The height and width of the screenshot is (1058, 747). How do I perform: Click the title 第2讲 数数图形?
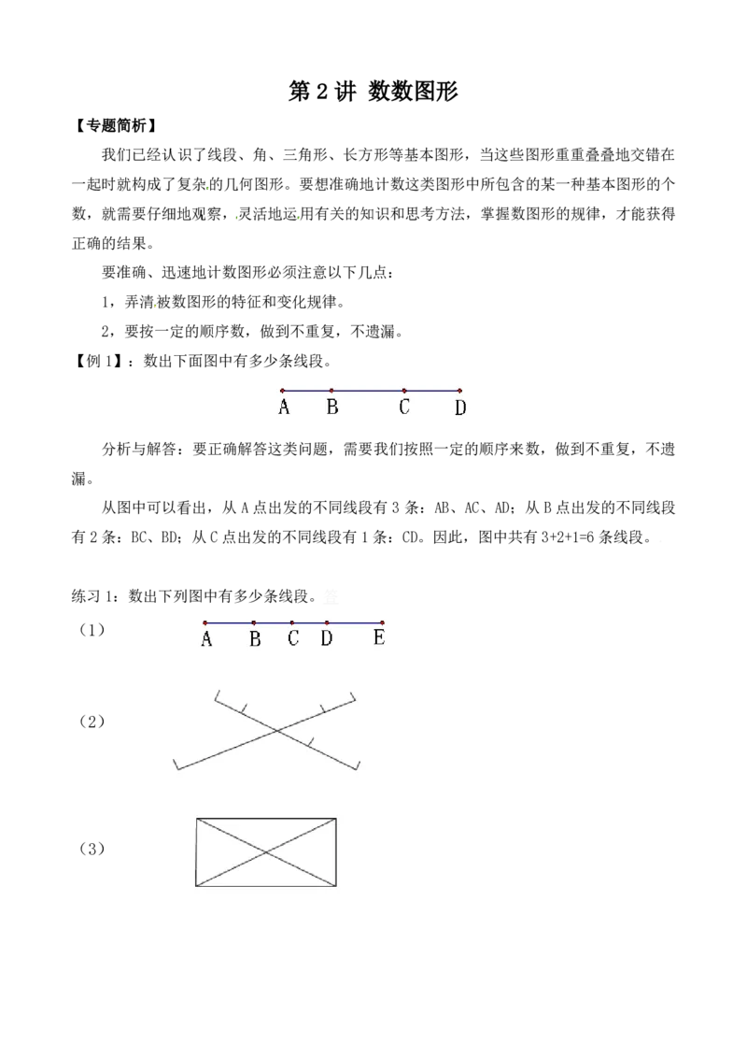[x=373, y=92]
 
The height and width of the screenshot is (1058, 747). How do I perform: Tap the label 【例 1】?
[x=98, y=361]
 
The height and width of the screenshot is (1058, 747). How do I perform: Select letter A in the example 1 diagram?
[x=284, y=407]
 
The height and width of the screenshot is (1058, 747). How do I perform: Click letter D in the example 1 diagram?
[x=460, y=407]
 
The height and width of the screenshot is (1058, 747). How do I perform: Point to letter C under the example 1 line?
[x=403, y=407]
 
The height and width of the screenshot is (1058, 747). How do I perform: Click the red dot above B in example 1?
[x=331, y=390]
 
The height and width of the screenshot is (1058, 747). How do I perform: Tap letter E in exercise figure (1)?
[x=379, y=637]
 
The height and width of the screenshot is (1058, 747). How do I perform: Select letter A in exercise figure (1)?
[x=206, y=638]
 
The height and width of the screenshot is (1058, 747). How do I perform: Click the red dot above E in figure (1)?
[x=382, y=622]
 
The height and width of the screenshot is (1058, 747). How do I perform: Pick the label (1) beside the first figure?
[x=92, y=630]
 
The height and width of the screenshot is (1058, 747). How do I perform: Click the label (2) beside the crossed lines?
[x=92, y=722]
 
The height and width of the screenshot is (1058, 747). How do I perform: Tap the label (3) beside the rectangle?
[x=92, y=849]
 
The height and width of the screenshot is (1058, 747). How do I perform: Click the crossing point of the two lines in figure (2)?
[x=275, y=730]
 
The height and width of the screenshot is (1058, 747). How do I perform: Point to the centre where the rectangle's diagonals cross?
[x=265, y=852]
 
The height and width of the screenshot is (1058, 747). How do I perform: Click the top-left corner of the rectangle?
[x=196, y=819]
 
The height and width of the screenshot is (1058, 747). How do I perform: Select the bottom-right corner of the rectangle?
[x=336, y=886]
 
